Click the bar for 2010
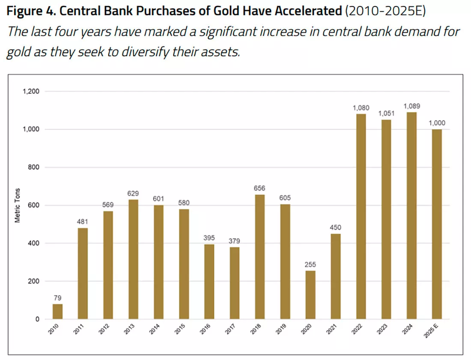pyautogui.click(x=57, y=311)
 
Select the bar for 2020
pyautogui.click(x=310, y=295)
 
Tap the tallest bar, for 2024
pyautogui.click(x=411, y=216)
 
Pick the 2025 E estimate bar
pyautogui.click(x=437, y=224)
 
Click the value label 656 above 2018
pyautogui.click(x=259, y=188)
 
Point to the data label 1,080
pyautogui.click(x=361, y=108)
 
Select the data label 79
pyautogui.click(x=57, y=298)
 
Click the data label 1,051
pyautogui.click(x=386, y=113)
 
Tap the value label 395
pyautogui.click(x=209, y=238)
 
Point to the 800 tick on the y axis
pyautogui.click(x=34, y=167)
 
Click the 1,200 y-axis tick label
pyautogui.click(x=31, y=91)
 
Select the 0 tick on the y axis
pyautogui.click(x=37, y=319)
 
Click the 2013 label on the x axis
pyautogui.click(x=129, y=329)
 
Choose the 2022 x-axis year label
pyautogui.click(x=357, y=329)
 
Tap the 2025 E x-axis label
pyautogui.click(x=431, y=330)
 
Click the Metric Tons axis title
pyautogui.click(x=18, y=205)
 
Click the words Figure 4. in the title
pyautogui.click(x=31, y=12)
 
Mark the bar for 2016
pyautogui.click(x=209, y=282)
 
